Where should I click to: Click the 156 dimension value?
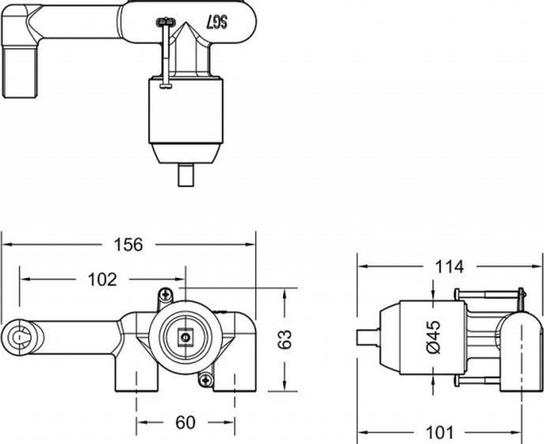coord(128,245)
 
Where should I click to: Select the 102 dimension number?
coord(102,280)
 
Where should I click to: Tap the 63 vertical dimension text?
coord(285,340)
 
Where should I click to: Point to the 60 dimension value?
coord(185,423)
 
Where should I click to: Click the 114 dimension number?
coord(449,267)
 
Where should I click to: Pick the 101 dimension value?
coord(440,433)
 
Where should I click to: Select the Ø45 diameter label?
coord(434,337)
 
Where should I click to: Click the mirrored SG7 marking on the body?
coord(218,23)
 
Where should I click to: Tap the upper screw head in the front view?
coord(166,295)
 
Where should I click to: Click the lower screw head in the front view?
coord(206,380)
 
